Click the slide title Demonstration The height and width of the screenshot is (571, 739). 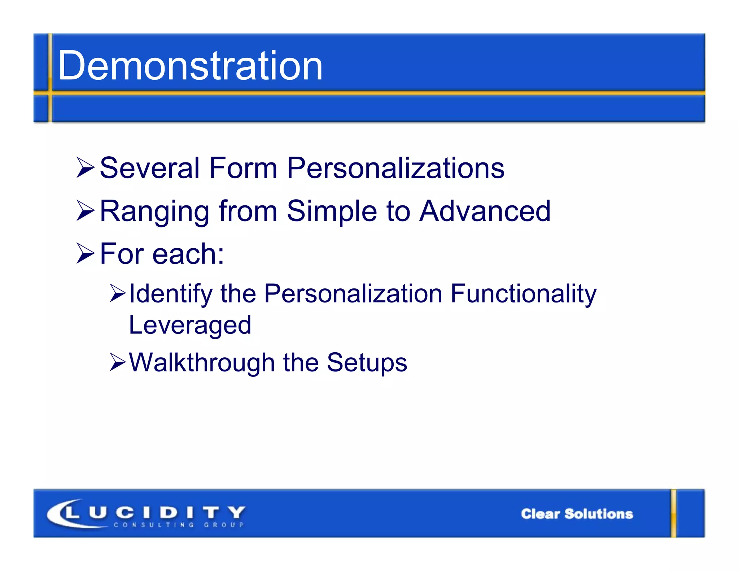190,66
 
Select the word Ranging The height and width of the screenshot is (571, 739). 154,212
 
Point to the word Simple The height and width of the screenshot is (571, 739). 332,212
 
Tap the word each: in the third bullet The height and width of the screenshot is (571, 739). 188,254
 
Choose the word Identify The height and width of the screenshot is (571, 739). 171,294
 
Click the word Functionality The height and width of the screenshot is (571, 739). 523,294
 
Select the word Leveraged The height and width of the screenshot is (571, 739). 190,325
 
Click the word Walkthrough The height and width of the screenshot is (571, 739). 202,363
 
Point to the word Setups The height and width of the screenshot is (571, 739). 367,363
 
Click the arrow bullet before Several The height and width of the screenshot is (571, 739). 86,168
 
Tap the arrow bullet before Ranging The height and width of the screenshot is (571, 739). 86,211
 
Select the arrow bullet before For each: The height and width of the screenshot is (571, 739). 86,254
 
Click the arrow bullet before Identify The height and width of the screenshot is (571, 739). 118,293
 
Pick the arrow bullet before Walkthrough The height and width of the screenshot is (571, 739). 118,363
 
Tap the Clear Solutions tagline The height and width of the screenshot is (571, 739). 577,514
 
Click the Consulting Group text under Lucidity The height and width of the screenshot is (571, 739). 179,525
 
